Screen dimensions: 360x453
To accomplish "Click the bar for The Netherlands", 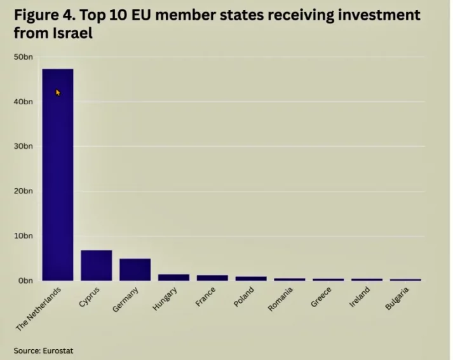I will click(57, 175).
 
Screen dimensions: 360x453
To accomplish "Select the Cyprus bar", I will click(96, 265).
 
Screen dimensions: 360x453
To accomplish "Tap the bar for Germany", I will click(135, 270).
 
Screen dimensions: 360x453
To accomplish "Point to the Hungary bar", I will click(173, 277).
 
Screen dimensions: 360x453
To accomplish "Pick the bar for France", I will click(212, 278).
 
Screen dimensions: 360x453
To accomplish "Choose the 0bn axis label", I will click(25, 280).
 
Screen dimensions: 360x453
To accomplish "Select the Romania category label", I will click(281, 300).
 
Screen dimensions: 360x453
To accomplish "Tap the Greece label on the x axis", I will click(321, 298).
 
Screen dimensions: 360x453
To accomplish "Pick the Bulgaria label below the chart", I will click(398, 300).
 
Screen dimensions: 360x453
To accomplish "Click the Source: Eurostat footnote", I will click(39, 350).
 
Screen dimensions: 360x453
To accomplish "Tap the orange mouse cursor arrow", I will click(58, 93).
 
